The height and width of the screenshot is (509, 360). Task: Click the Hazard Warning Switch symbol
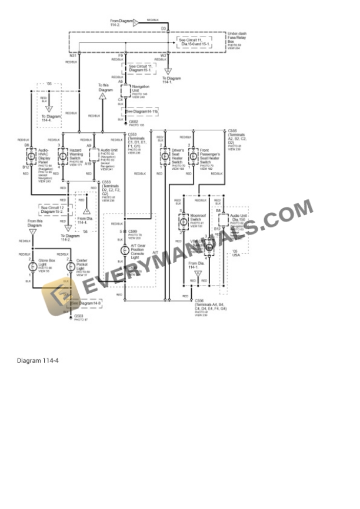pos(63,155)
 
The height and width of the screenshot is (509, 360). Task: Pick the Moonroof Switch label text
pos(198,217)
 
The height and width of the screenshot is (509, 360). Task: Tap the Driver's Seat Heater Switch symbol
pos(164,156)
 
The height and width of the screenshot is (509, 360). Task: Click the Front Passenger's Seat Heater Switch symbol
pos(193,156)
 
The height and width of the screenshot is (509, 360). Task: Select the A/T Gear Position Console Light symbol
pos(125,250)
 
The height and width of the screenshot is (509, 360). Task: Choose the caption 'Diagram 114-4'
pos(38,360)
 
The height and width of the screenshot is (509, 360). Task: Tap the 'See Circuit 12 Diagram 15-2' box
pos(52,209)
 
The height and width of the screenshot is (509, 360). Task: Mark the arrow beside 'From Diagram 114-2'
pos(135,22)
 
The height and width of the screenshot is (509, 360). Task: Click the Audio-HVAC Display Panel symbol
pos(31,156)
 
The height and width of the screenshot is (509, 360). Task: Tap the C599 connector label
pos(134,232)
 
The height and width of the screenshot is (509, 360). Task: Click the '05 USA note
pos(236,253)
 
